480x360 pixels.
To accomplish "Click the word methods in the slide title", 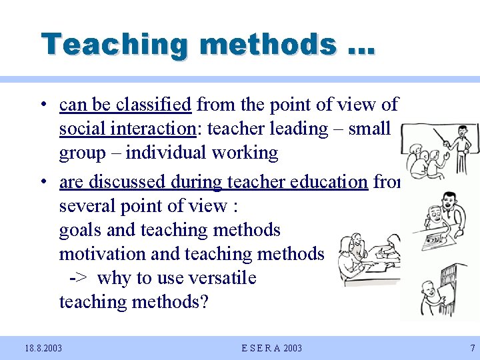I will tap(267, 45).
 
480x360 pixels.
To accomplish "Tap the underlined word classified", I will tap(153, 105).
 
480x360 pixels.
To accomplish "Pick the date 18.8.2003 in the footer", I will tap(43, 348).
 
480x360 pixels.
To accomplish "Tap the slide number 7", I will tap(472, 348).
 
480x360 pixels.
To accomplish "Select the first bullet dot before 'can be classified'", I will tap(42, 105).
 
